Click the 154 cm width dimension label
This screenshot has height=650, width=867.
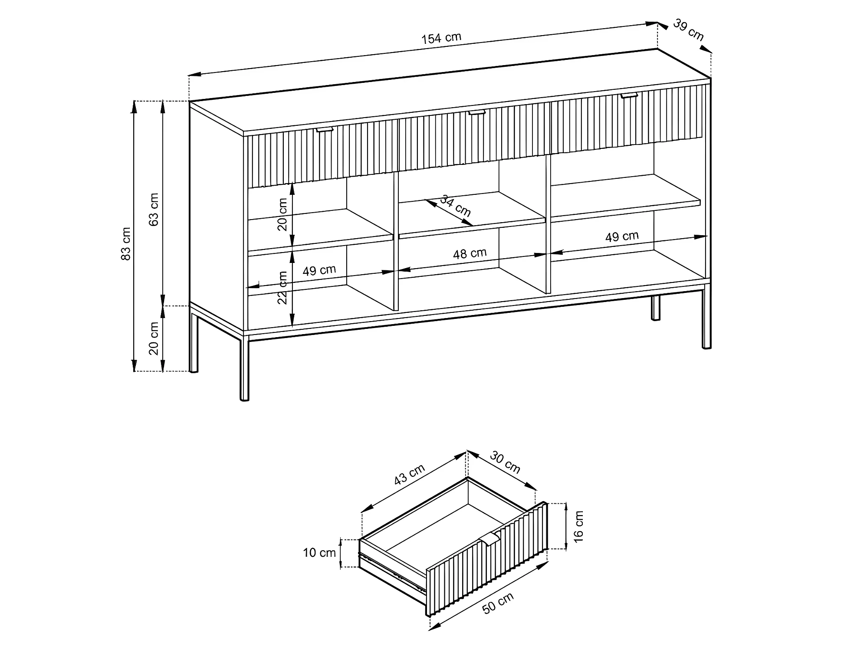[x=441, y=38]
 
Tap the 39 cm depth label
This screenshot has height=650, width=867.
[x=688, y=30]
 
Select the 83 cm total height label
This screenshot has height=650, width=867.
[x=125, y=243]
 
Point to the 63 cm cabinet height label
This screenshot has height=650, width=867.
[x=154, y=210]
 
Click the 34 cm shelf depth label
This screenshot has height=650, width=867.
[x=455, y=206]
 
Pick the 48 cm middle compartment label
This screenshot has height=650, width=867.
[x=470, y=253]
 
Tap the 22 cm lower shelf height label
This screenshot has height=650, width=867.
[x=282, y=288]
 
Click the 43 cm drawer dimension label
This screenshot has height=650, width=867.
[x=409, y=474]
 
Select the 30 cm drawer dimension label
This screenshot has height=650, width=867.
[x=505, y=462]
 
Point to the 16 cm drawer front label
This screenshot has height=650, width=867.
[x=578, y=526]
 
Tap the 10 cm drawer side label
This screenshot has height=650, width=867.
[x=319, y=553]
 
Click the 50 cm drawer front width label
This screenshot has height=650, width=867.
[x=498, y=603]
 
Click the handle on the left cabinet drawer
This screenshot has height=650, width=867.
[x=325, y=129]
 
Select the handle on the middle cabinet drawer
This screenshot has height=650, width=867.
[x=477, y=112]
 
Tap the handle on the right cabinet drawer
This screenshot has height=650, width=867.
[x=629, y=95]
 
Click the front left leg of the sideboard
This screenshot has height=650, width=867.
[x=245, y=368]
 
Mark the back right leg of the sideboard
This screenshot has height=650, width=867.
[x=656, y=308]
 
